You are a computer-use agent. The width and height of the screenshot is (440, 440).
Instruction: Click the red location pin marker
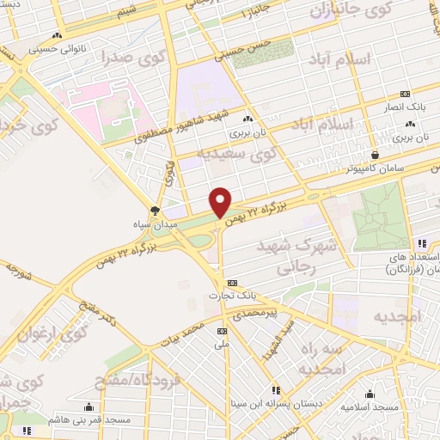pyautogui.click(x=221, y=202)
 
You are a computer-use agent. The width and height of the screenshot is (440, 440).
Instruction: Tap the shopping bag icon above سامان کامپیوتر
pyautogui.click(x=375, y=155)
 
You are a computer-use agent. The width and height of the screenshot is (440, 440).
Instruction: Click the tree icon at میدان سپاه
pyautogui.click(x=156, y=209)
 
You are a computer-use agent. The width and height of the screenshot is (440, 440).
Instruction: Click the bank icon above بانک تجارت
pyautogui.click(x=231, y=283)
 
